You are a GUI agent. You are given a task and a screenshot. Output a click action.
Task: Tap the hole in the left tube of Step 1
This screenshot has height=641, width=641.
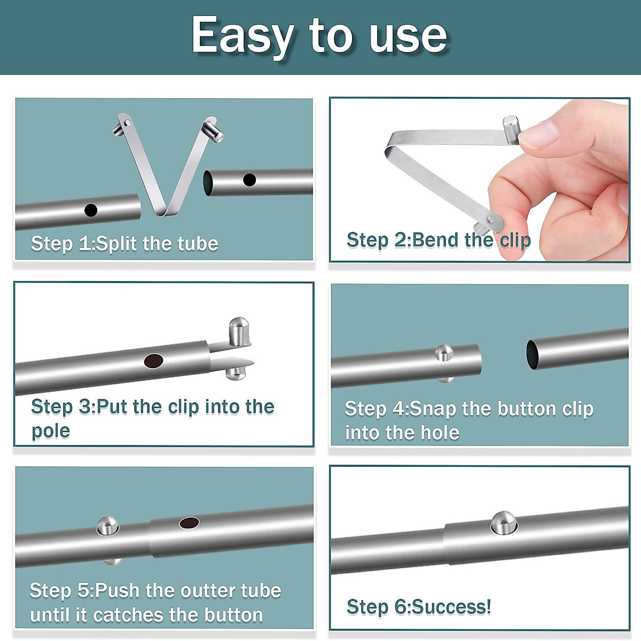point(91,210)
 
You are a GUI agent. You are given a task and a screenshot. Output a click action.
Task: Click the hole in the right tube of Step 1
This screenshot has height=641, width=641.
point(249,180)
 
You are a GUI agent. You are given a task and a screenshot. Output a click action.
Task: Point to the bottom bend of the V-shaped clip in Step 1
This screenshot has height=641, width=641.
point(162,212)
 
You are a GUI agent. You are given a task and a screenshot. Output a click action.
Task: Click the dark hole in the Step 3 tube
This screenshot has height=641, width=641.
point(154,361)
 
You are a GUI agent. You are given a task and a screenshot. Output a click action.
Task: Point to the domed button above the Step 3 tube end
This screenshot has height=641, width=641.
point(239,331)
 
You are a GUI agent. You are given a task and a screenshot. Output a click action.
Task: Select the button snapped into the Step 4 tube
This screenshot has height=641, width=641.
point(443,353)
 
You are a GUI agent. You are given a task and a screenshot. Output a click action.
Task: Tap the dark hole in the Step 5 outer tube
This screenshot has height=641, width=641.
point(189,522)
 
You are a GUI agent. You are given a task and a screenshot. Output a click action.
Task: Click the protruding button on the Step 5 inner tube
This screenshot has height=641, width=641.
point(107,526)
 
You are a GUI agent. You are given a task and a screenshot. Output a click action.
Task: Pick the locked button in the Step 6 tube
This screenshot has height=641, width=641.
point(503,522)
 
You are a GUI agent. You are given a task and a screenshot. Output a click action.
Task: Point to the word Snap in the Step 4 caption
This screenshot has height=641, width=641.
point(433,409)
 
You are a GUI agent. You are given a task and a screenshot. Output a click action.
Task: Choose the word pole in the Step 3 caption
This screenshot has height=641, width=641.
point(51,431)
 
